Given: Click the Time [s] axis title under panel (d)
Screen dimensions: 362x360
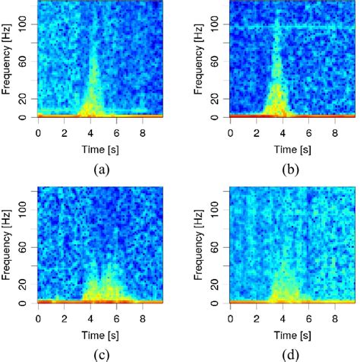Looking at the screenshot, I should point(289,333).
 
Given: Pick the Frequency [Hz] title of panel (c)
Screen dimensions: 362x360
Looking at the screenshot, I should point(8,243).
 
